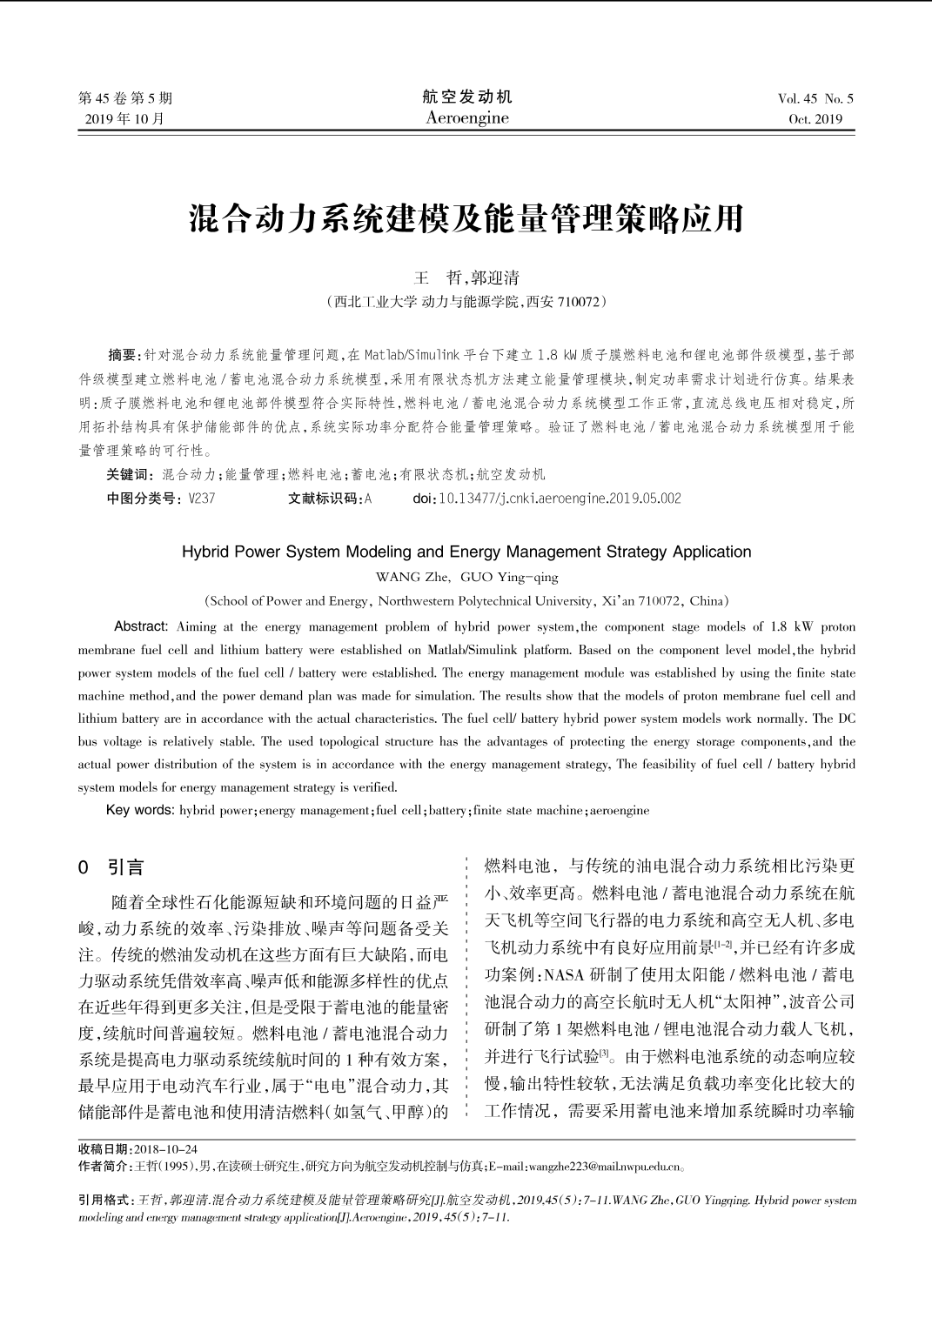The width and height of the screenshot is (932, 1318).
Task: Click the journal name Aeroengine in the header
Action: [467, 118]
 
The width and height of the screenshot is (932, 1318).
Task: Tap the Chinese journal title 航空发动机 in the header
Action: [467, 97]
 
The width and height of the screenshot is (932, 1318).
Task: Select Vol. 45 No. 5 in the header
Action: [815, 98]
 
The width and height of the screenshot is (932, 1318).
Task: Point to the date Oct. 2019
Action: [815, 119]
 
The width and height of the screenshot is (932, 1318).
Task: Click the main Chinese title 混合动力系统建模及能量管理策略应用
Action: [466, 218]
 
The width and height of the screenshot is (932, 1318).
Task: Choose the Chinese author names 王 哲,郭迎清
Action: [466, 278]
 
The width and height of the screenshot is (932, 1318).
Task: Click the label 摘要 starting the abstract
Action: [123, 355]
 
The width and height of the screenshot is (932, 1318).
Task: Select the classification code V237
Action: [201, 498]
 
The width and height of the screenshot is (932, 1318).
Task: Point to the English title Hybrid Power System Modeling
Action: [466, 552]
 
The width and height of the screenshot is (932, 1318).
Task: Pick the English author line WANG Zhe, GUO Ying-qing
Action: [466, 577]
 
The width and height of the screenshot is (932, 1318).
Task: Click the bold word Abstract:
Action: [141, 626]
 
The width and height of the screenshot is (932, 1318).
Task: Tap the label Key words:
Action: [140, 810]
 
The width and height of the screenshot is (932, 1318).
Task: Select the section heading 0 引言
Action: [111, 867]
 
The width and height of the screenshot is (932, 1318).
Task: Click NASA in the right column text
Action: [564, 973]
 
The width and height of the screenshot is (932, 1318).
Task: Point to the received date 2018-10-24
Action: [167, 1148]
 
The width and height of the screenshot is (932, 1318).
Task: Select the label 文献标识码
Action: [325, 498]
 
